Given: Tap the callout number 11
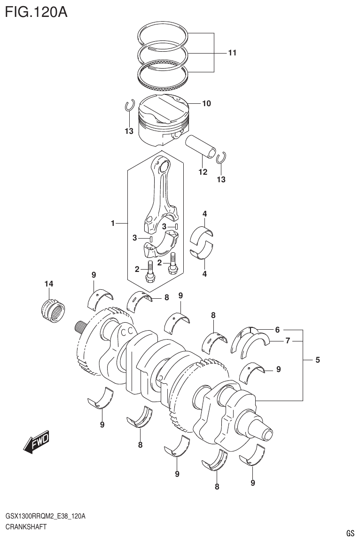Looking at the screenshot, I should (x=232, y=53).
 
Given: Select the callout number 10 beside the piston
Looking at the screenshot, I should (x=206, y=103).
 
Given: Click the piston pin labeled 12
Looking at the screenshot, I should (x=202, y=146).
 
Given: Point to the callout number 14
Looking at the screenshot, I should (x=49, y=284).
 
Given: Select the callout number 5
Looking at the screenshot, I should (x=317, y=360).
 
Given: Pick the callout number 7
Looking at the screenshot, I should (x=287, y=341).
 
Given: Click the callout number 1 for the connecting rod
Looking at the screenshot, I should (x=113, y=224).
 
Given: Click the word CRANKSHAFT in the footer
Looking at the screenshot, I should (x=25, y=527).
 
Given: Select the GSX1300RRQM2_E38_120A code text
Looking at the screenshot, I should (x=45, y=516).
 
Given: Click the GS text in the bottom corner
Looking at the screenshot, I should (x=350, y=533).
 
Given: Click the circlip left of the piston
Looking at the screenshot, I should (x=130, y=106).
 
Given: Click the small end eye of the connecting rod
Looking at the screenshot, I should (x=163, y=165).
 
